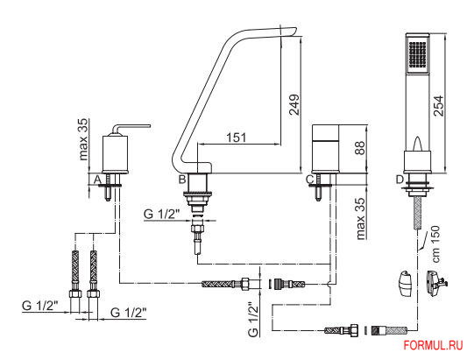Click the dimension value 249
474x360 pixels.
(x=294, y=104)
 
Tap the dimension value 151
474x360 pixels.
(x=236, y=138)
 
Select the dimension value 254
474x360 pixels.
(x=438, y=105)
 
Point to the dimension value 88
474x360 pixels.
(x=360, y=148)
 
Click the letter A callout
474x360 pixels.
(x=97, y=180)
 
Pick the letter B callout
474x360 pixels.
(x=182, y=180)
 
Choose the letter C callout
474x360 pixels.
(x=309, y=180)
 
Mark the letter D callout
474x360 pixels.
(x=400, y=180)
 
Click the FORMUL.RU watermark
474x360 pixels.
(x=433, y=345)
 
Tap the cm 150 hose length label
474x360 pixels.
(x=435, y=244)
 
